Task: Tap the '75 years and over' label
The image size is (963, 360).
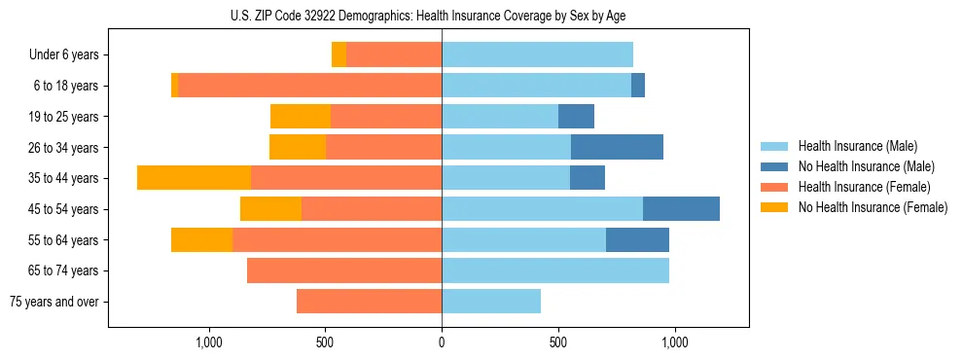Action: pos(53,302)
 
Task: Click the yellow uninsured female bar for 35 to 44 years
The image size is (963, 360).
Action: pos(194,178)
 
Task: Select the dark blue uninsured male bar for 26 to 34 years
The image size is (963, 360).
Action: pos(617,147)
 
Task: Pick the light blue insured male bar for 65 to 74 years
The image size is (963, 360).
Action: pos(555,270)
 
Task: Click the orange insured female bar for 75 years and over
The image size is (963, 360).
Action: pos(369,302)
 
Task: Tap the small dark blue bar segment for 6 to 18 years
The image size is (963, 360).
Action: pos(638,86)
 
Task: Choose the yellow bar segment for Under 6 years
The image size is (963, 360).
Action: pos(339,54)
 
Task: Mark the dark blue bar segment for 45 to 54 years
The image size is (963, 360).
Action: pos(681,209)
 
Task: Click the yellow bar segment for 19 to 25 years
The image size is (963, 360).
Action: pos(301,117)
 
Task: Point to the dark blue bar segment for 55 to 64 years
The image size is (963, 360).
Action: pos(637,239)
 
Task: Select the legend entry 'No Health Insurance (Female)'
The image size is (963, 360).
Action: pos(872,207)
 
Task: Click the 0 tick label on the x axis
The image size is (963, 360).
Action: pos(442,342)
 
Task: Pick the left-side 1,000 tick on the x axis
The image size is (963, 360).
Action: pos(208,342)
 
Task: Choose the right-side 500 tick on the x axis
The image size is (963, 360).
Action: pos(557,342)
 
